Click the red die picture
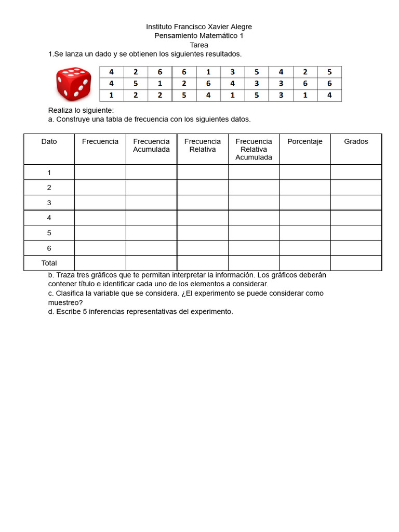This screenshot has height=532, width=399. pos(74,84)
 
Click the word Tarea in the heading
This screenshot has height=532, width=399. pos(199,45)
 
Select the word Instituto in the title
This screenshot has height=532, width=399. pos(161,26)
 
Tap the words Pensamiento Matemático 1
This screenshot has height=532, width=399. pos(199,36)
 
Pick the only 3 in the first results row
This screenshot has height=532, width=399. pos(233,72)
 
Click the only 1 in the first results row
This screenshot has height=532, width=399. pos(208,72)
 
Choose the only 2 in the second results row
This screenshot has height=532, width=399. pos(184,84)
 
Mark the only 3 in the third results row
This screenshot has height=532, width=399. pos(281,95)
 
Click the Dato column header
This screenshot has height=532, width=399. pos(49,141)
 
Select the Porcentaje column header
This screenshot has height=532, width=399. pos(305,141)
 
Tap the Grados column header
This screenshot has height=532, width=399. pos(356,141)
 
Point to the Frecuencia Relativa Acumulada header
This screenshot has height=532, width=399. pos(254,149)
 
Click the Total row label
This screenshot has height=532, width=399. pos(49,263)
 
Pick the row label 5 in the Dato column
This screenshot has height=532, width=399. pos(49,233)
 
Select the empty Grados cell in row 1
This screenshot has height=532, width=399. pos(356,172)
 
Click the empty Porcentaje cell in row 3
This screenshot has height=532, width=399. pos(305,203)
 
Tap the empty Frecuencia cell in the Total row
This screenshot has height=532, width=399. pos(100,263)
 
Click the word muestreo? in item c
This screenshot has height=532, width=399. pos(65,302)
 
